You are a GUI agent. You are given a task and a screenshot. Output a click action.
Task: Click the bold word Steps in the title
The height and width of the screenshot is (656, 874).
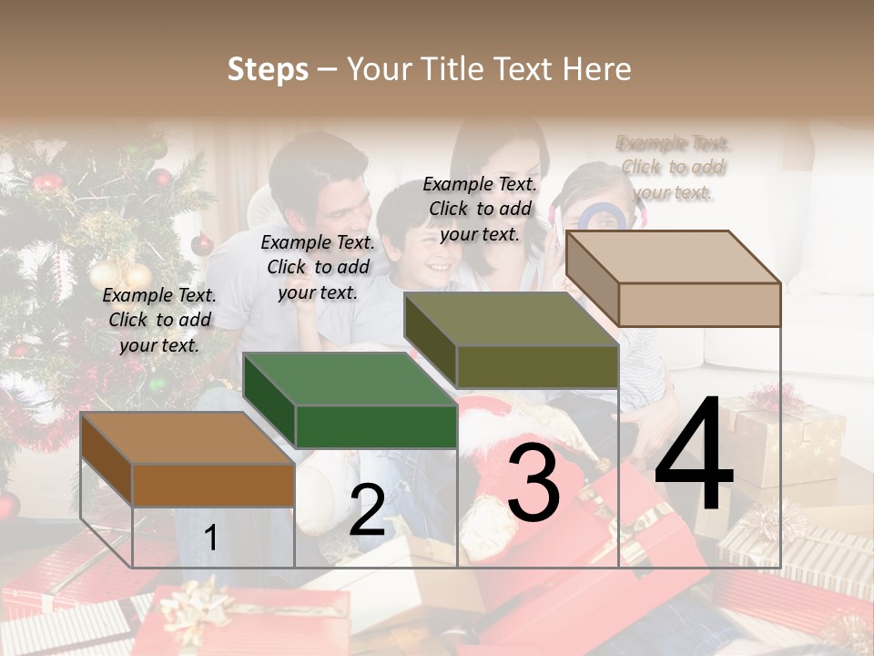pos(268,69)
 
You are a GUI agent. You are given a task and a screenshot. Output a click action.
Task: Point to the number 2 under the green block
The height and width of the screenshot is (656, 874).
pos(367,510)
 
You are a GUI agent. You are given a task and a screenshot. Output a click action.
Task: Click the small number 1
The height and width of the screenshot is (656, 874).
pos(211,538)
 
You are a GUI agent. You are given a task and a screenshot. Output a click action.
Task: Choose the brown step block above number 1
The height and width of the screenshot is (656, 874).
pos(188,461)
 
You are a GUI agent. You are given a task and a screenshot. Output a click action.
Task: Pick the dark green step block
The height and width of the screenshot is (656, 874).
pos(351,402)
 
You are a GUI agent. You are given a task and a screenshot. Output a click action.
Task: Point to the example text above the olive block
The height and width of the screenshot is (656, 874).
pos(480,209)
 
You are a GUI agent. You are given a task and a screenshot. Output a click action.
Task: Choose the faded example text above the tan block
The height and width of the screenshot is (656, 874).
pos(674,168)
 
